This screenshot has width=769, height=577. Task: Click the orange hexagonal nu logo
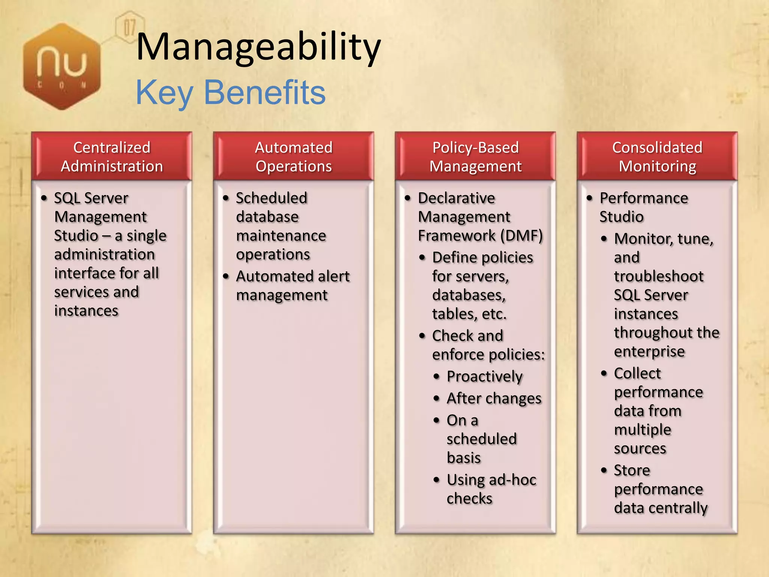[x=62, y=67]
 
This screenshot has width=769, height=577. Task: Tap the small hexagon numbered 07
[x=130, y=27]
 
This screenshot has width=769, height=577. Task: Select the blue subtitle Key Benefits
[x=230, y=92]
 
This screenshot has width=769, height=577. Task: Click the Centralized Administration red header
[x=112, y=156]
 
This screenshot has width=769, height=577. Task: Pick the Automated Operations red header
[x=293, y=156]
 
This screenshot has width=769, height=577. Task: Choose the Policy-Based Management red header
[x=475, y=156]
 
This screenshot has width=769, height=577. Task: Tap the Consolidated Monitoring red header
[x=657, y=156]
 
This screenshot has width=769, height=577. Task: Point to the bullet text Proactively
[x=484, y=376]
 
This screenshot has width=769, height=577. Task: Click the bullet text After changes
[x=494, y=399]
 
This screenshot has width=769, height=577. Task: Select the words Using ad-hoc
[x=491, y=480]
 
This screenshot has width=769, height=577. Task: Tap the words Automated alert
[x=293, y=276]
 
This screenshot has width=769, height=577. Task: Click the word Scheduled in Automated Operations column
[x=271, y=198]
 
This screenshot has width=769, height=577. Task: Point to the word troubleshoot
[x=659, y=276]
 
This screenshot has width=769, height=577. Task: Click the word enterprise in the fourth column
[x=649, y=352]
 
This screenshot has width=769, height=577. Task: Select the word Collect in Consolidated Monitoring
[x=637, y=373]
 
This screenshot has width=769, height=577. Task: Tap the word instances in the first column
[x=86, y=311]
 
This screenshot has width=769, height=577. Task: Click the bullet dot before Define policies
[x=422, y=258]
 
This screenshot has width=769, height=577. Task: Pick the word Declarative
[x=456, y=198]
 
